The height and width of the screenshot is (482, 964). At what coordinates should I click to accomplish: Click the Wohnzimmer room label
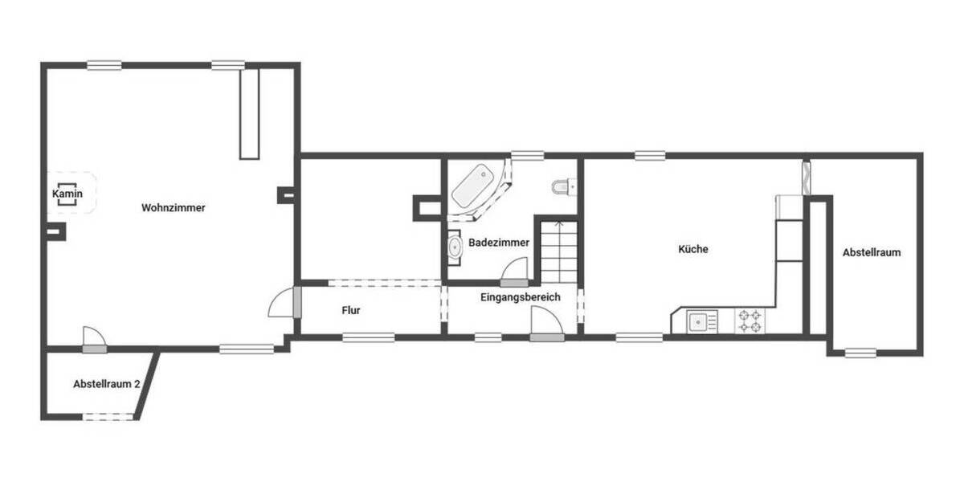click(174, 207)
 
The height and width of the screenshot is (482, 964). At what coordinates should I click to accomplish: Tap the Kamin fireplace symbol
click(67, 194)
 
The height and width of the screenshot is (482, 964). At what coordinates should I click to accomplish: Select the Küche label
click(693, 249)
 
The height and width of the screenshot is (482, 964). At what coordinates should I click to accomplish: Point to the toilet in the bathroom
click(562, 187)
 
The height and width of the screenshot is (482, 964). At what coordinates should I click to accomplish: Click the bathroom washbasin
click(455, 247)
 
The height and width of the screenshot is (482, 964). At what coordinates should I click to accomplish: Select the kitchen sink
click(702, 322)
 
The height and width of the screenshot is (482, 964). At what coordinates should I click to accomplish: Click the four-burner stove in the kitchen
click(750, 321)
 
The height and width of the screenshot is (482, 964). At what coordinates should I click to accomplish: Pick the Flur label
click(350, 309)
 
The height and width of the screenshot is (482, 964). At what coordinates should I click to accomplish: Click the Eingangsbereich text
click(520, 297)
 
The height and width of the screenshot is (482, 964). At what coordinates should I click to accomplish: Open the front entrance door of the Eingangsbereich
click(547, 325)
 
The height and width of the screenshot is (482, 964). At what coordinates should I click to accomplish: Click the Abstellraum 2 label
click(107, 384)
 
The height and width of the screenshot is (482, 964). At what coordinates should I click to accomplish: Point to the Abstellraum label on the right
click(872, 252)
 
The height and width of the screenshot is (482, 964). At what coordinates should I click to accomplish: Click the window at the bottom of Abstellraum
click(860, 352)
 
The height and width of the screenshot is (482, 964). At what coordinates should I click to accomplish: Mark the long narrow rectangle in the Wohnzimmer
click(250, 113)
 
